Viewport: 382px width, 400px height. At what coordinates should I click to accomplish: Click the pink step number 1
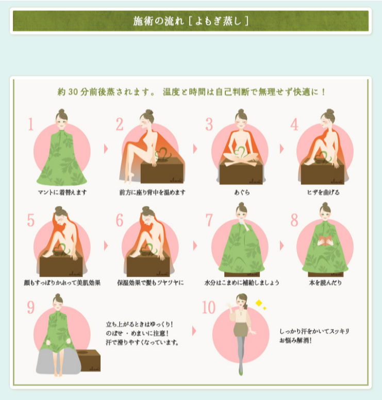tap(31, 124)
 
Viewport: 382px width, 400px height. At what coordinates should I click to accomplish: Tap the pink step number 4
tap(294, 124)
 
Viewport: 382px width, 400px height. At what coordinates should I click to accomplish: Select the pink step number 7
tap(209, 220)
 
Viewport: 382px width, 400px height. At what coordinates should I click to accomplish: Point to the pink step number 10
tap(209, 307)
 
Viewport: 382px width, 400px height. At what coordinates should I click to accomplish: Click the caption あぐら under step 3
tap(242, 193)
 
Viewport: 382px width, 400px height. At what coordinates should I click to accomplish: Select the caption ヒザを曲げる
tap(323, 193)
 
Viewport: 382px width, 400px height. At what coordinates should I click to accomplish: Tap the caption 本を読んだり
tap(325, 283)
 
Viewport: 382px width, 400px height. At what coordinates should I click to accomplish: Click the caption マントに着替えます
tap(62, 193)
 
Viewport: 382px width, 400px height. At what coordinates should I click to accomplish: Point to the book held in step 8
tap(325, 241)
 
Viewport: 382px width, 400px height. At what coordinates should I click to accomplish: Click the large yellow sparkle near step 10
tap(259, 303)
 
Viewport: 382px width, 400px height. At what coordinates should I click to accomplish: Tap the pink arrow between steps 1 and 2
tap(106, 149)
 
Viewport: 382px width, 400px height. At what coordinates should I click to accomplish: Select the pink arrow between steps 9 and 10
tap(194, 331)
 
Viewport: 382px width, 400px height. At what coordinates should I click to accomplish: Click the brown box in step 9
tap(89, 360)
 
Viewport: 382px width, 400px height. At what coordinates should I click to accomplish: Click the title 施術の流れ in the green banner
tap(158, 21)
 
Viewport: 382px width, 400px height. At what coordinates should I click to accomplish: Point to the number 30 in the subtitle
tap(73, 92)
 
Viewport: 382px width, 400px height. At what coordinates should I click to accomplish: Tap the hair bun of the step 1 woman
tap(61, 111)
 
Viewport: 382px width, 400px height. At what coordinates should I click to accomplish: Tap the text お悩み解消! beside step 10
tap(295, 340)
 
